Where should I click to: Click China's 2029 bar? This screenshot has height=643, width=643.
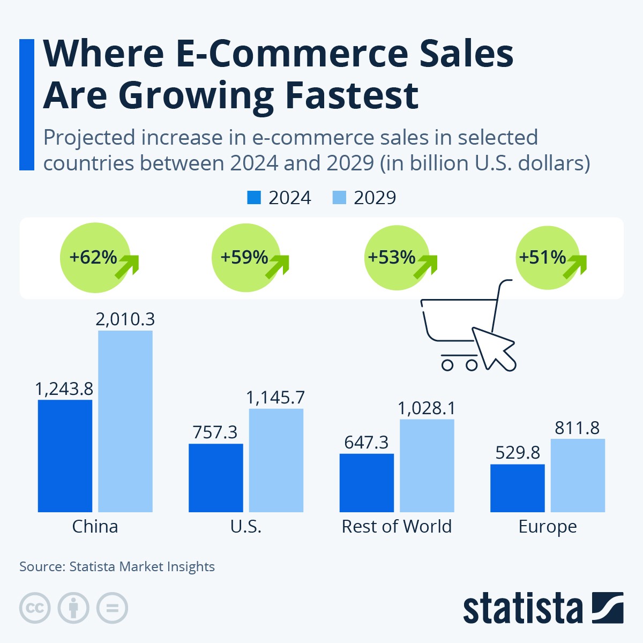[x=125, y=421]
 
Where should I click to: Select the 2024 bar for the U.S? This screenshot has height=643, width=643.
[x=215, y=477]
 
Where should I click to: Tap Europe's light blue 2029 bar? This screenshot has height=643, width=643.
[x=578, y=475]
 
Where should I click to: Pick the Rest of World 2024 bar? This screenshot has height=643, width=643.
[x=367, y=483]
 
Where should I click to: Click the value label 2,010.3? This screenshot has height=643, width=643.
[x=125, y=319]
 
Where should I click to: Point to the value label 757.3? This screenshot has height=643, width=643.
[x=215, y=432]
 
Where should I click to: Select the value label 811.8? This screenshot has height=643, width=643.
[x=577, y=428]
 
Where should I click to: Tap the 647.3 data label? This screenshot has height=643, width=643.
[x=367, y=442]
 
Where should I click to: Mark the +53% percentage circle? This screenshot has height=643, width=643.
[x=397, y=258]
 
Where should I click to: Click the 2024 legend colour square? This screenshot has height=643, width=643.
[x=253, y=198]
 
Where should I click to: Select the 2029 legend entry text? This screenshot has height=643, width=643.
[x=375, y=198]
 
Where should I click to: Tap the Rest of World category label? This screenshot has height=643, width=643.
[x=397, y=526]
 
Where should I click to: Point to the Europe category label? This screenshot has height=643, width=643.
[x=548, y=526]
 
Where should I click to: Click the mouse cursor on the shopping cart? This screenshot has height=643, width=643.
[x=494, y=348]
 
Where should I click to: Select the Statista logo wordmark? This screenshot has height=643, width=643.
[x=522, y=608]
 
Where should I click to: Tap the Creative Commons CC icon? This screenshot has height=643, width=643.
[x=35, y=608]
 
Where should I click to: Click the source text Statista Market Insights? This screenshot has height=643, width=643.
[x=142, y=566]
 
